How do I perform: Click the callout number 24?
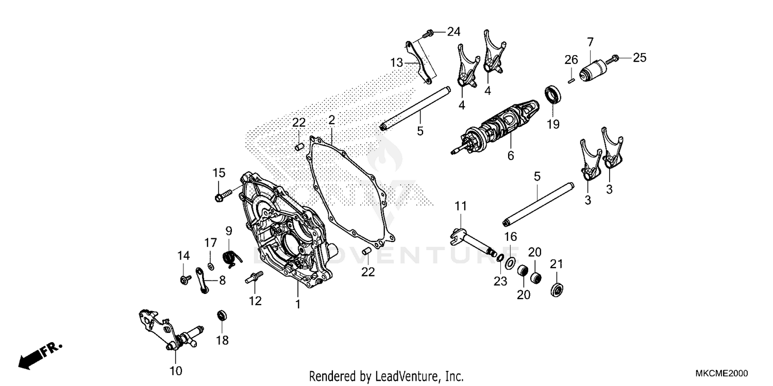[453, 32]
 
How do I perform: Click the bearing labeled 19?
[553, 95]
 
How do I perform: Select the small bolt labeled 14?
[183, 279]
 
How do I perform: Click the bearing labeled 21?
[557, 289]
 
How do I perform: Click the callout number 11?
[460, 206]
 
